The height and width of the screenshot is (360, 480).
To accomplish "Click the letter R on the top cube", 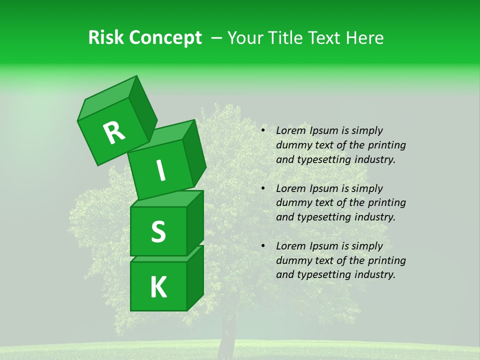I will coord(114,133).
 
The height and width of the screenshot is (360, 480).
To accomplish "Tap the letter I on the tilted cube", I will coord(161,171).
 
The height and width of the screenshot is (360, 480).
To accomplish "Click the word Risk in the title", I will coord(106,38).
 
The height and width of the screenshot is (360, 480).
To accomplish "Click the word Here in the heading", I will coord(364,38).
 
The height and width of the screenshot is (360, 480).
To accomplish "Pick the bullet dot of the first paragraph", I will coord(263,130).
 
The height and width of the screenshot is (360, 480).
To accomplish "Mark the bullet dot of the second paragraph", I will coord(263,188).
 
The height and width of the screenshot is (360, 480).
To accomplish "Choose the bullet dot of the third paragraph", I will coord(263,246).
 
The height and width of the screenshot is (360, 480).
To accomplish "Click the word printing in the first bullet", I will coord(387,145).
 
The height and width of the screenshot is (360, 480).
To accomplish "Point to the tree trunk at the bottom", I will coord(228,332).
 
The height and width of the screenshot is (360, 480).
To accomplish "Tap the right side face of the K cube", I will coord(195,277).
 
